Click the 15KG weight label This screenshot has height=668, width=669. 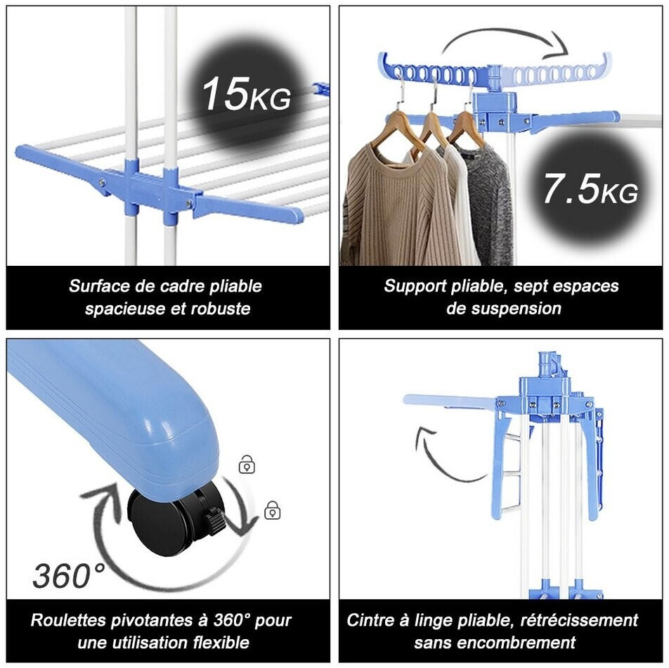point(246,95)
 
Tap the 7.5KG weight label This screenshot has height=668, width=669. point(590,188)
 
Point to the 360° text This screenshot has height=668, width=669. point(69,575)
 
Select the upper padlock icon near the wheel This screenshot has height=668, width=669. point(247,464)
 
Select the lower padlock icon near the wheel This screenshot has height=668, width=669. point(272,510)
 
